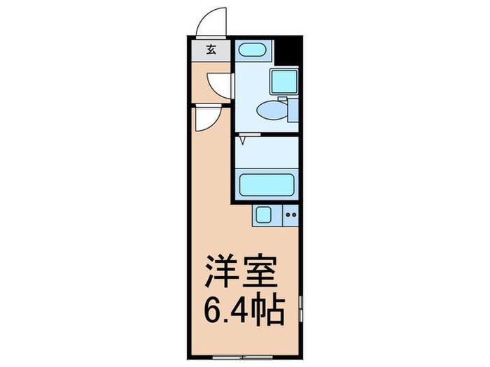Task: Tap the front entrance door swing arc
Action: (212, 23)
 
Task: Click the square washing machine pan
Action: (285, 83)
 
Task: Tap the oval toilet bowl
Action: (269, 110)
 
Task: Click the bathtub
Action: (266, 185)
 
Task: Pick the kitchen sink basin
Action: (265, 215)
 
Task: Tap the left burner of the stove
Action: (288, 215)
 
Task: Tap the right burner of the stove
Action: (295, 215)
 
